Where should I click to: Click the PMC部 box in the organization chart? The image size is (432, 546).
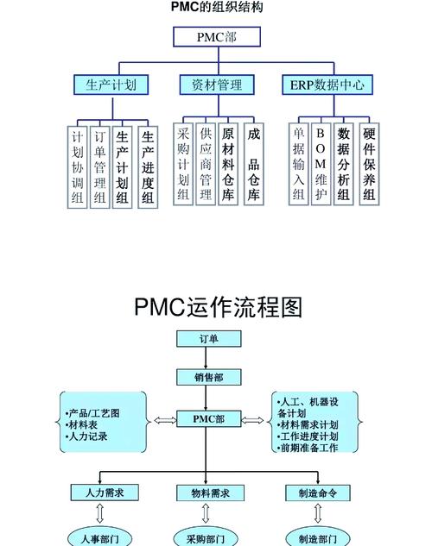[x=216, y=37]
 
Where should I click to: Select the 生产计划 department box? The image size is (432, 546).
[x=111, y=85]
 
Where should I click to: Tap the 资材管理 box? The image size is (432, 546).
[x=217, y=85]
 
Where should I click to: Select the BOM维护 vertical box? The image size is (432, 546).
[x=321, y=165]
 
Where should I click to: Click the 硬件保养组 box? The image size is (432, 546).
[x=369, y=165]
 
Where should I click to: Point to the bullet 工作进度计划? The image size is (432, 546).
[x=308, y=436]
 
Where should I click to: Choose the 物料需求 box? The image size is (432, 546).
[x=207, y=492]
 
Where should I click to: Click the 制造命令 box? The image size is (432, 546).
[x=316, y=492]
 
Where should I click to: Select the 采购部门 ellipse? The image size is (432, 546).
[x=207, y=538]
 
